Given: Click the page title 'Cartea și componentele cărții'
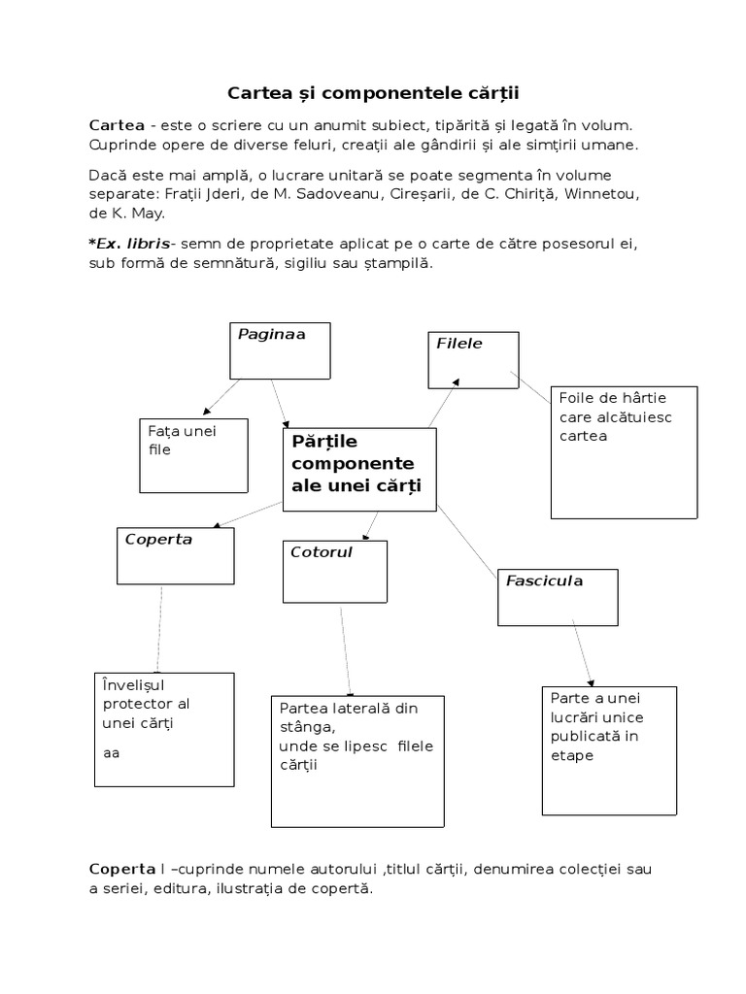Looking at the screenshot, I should [373, 93].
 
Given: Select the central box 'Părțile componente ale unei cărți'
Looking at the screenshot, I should [358, 469].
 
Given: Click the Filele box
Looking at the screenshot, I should [473, 359].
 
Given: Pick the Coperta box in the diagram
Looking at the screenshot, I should [176, 555].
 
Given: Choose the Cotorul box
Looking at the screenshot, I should [335, 571].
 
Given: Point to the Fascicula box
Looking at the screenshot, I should [558, 596].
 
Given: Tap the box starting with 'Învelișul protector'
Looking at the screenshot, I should [164, 728].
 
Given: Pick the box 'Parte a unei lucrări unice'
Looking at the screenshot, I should [609, 749].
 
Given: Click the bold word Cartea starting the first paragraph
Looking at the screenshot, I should [117, 125].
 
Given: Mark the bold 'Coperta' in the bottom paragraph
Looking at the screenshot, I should [121, 868].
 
